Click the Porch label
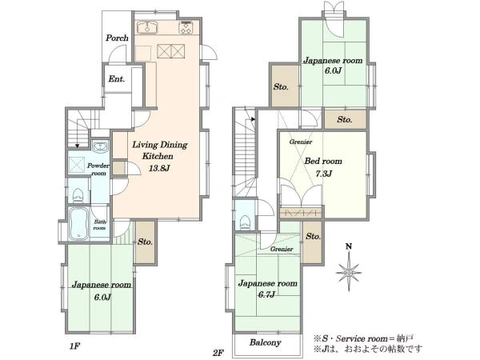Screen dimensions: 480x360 [x=117, y=38]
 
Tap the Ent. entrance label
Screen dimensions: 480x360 [x=117, y=79]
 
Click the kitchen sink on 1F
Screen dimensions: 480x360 [x=147, y=26]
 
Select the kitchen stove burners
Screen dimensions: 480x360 [x=186, y=27]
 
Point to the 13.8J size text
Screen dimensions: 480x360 [x=159, y=168]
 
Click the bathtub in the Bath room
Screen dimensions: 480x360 [x=78, y=223]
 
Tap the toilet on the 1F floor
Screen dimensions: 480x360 [x=78, y=195]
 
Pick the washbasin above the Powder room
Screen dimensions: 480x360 [x=100, y=147]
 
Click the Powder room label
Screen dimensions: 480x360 [x=98, y=170]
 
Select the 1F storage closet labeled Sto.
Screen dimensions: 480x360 [x=146, y=242]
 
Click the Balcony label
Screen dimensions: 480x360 [x=265, y=342]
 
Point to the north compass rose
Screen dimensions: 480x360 [x=349, y=271]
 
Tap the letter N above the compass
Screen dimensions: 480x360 [x=348, y=246]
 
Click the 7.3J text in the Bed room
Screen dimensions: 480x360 [x=324, y=174]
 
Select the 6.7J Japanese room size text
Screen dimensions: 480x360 [x=266, y=294]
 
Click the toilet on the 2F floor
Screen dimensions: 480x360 [x=246, y=222]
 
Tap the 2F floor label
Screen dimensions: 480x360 [x=218, y=353]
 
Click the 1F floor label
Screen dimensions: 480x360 [x=74, y=346]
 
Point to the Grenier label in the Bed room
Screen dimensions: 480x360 [x=301, y=142]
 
